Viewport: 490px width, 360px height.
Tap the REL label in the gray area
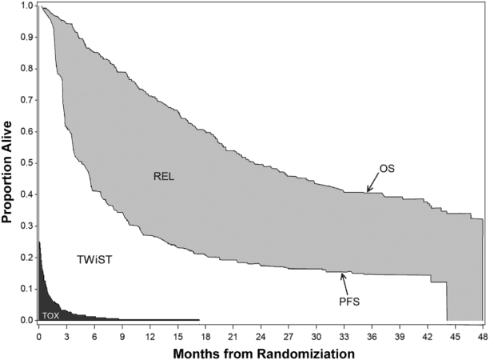163,177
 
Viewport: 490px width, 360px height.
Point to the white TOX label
50,315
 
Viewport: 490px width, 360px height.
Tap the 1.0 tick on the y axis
27,6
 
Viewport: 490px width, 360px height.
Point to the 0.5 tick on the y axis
27,163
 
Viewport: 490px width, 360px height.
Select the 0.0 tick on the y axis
27,320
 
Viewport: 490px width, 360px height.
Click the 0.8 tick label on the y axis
27,69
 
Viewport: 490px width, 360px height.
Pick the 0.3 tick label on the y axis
27,226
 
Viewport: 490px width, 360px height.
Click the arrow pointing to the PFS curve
345,282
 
